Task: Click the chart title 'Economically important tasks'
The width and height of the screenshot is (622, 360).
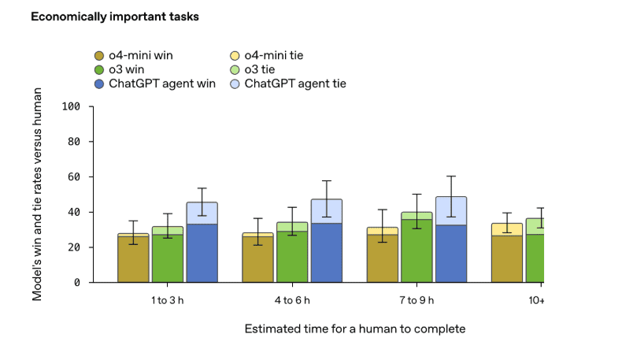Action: coord(115,17)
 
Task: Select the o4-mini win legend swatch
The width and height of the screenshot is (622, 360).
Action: coord(98,55)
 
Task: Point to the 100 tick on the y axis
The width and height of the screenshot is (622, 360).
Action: coord(72,106)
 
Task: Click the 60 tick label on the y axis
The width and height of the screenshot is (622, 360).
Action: coord(75,176)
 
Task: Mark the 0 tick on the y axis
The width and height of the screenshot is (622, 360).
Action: coord(78,282)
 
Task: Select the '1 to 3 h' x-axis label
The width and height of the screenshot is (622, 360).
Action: coord(168,300)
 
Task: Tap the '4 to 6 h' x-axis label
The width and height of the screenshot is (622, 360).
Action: coord(292,300)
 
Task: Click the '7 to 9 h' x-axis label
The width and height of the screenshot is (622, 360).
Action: coord(417,300)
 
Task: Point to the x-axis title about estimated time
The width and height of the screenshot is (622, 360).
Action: coord(354,328)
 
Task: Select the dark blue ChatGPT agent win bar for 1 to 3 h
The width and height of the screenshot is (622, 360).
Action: coord(202,253)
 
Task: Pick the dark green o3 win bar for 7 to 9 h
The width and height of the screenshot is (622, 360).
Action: coord(417,251)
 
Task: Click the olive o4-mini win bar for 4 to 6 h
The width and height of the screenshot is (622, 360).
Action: coord(257,259)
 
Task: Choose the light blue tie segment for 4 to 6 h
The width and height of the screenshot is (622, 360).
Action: coord(327,211)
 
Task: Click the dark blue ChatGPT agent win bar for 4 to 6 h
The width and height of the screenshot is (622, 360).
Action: coord(327,253)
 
